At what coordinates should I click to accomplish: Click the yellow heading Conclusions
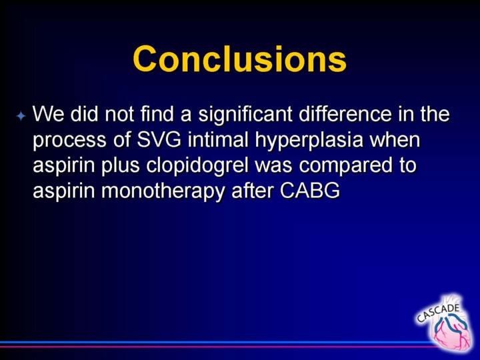(x=240, y=59)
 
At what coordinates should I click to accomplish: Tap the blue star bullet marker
(x=21, y=116)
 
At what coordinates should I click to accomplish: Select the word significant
(x=245, y=115)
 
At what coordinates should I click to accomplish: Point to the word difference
(x=345, y=113)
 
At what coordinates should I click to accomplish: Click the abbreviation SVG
(x=159, y=139)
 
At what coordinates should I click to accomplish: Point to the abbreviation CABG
(x=310, y=191)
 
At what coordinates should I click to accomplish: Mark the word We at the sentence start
(x=48, y=114)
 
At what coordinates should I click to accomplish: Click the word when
(x=395, y=139)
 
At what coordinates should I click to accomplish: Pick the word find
(x=157, y=113)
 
